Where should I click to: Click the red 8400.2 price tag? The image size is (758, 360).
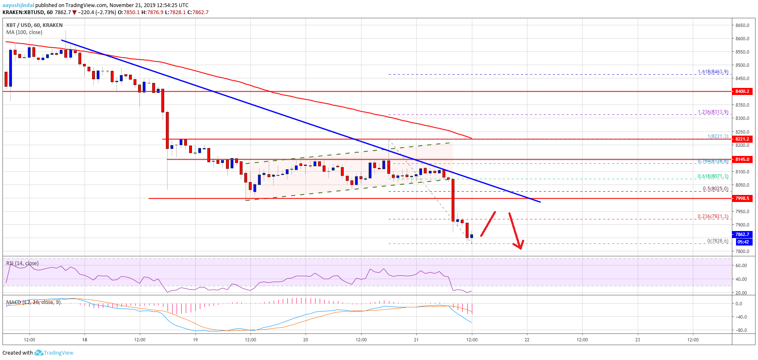[x=742, y=91]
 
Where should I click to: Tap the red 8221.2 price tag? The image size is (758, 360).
[x=742, y=139]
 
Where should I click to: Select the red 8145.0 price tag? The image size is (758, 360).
[x=742, y=159]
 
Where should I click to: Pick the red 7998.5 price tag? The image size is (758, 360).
[x=742, y=198]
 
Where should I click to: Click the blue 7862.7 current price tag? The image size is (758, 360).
[x=742, y=234]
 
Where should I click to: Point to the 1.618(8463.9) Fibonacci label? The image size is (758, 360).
[x=713, y=72]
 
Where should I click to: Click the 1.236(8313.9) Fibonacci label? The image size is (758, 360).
[x=713, y=112]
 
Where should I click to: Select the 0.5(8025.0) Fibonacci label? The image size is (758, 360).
[x=715, y=189]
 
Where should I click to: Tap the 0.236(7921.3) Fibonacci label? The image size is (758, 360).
[x=713, y=216]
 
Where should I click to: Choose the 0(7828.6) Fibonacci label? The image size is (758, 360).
[x=717, y=241]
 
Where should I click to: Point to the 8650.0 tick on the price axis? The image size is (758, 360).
[x=742, y=25]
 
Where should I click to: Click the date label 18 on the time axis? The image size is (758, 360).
[x=85, y=340]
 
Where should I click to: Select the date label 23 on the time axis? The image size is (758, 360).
[x=638, y=340]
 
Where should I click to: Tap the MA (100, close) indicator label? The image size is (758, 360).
[x=24, y=32]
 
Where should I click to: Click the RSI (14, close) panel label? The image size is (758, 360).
[x=22, y=263]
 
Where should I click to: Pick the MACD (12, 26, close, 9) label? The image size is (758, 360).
[x=34, y=302]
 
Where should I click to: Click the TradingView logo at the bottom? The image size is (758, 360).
[x=54, y=353]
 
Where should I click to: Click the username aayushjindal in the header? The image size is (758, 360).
[x=18, y=5]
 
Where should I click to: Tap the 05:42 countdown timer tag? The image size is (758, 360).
[x=743, y=242]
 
